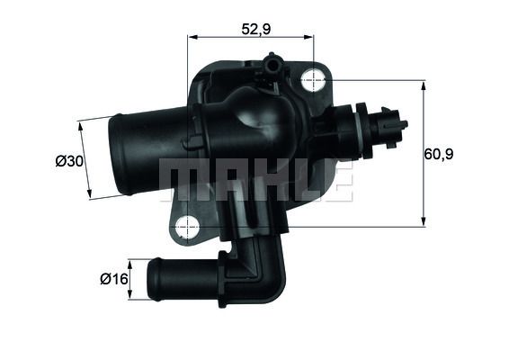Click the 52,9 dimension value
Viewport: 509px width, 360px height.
click(x=257, y=29)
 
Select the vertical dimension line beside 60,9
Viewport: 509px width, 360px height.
click(x=422, y=153)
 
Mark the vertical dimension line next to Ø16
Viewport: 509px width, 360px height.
click(x=131, y=280)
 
